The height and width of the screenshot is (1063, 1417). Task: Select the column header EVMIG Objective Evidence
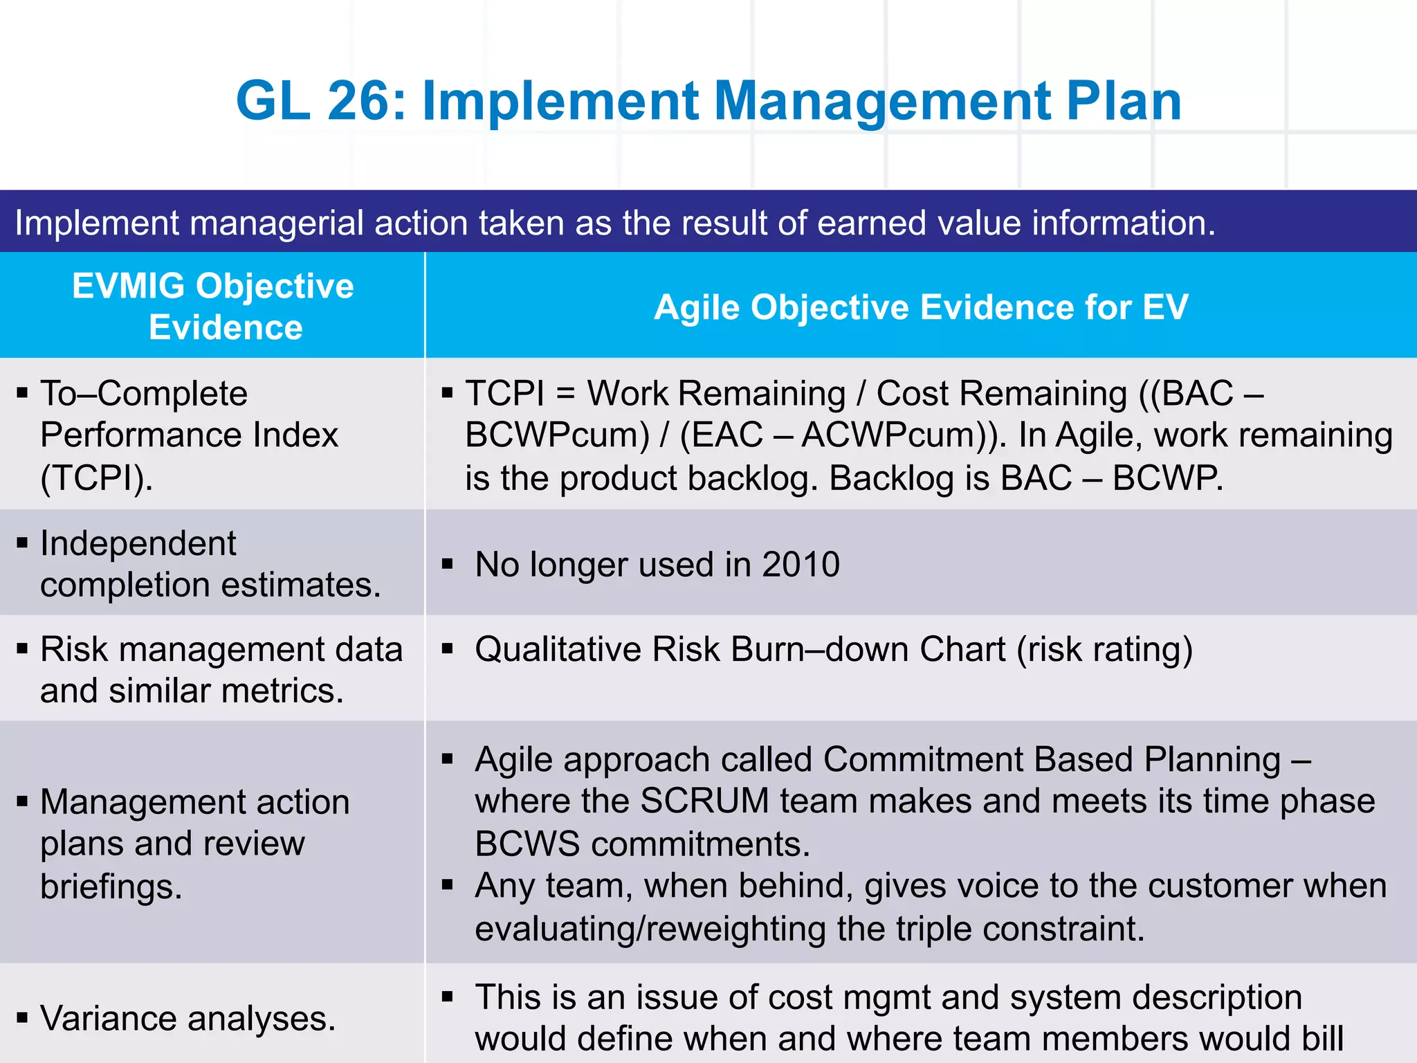point(212,306)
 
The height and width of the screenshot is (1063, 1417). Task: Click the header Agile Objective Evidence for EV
point(920,307)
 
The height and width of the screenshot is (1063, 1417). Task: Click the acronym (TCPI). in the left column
point(97,478)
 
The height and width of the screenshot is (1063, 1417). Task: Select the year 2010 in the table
point(801,564)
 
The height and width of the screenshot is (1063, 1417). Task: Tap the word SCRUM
point(704,801)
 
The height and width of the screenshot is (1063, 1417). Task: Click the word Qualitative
point(558,650)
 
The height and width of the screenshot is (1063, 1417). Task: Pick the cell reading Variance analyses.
point(188,1019)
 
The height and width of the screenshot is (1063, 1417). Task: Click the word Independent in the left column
point(138,543)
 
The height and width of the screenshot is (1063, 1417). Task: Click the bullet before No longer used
point(448,564)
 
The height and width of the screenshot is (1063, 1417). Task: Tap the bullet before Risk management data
point(23,649)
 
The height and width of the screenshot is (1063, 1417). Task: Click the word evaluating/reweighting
point(650,929)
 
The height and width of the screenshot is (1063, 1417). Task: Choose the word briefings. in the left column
point(111,887)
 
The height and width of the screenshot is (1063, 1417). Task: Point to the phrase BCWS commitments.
point(642,844)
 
